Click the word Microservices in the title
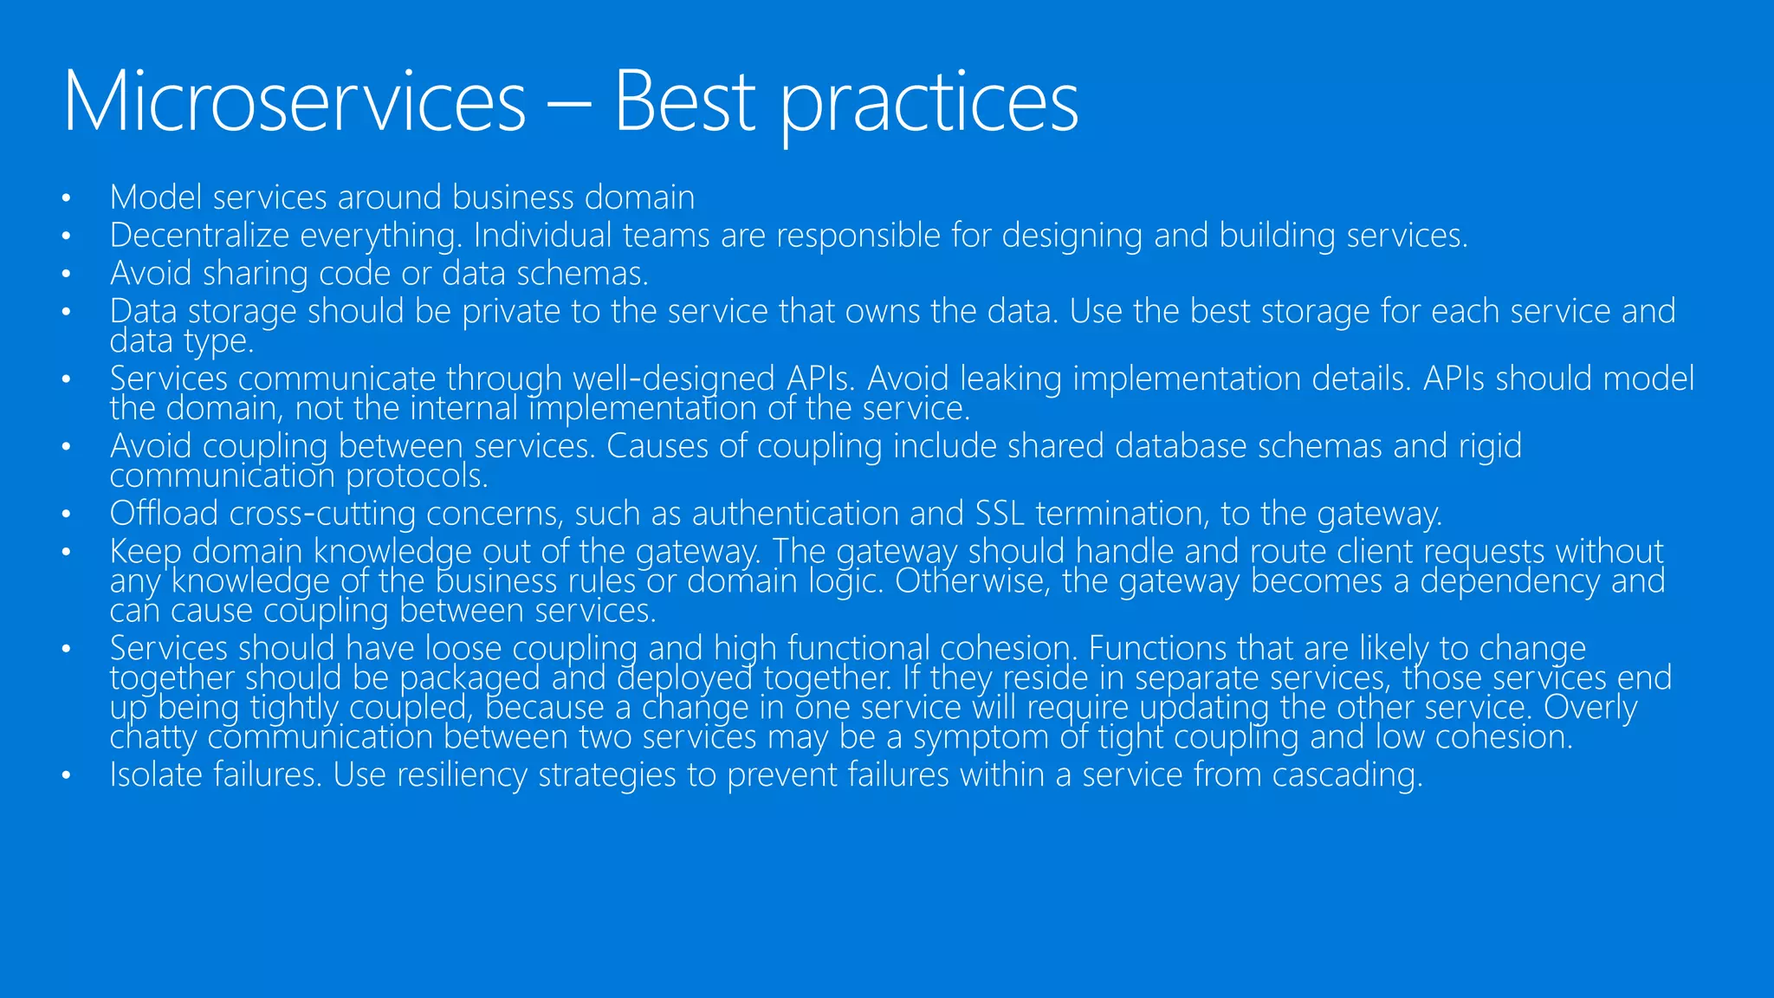(295, 102)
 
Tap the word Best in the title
(684, 102)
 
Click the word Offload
(164, 514)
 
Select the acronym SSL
(1000, 514)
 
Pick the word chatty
(152, 737)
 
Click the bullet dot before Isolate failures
(66, 776)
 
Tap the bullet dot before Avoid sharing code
(66, 275)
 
